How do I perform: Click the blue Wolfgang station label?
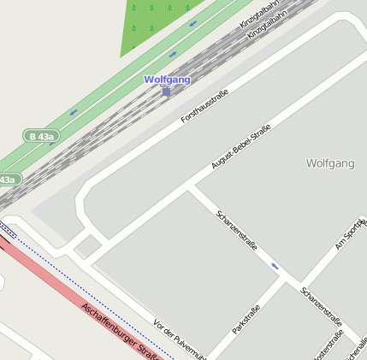point(167,80)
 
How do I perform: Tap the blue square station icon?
point(166,91)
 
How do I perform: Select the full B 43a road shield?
point(41,136)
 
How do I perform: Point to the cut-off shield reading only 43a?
point(9,180)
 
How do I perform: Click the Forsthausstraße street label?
point(204,106)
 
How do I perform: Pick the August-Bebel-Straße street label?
point(240,146)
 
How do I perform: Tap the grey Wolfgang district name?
point(329,162)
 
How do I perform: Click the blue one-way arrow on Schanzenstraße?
point(275,266)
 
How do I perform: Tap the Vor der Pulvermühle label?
point(180,337)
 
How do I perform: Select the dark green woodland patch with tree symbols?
point(163,21)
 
